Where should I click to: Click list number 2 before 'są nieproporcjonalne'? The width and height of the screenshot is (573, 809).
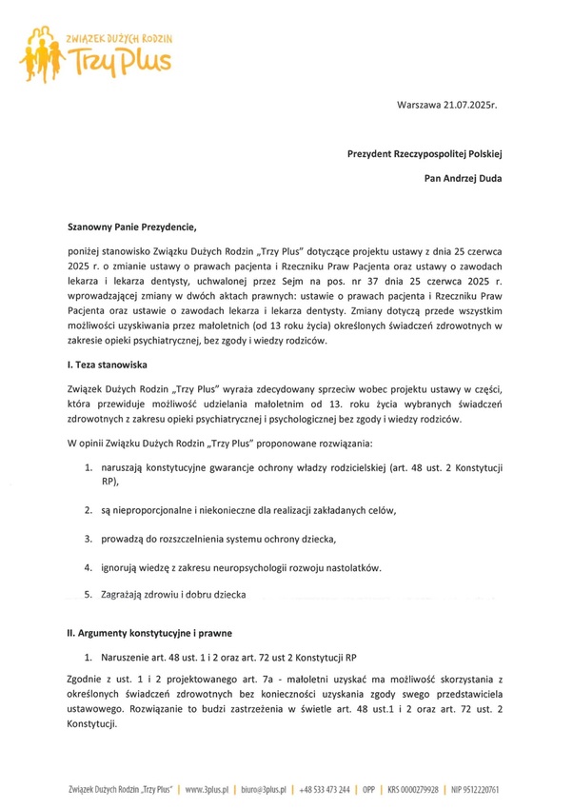(89, 511)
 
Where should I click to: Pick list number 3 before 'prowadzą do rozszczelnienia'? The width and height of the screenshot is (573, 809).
(89, 540)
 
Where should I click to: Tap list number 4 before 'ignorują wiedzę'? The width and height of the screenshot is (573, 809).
(89, 568)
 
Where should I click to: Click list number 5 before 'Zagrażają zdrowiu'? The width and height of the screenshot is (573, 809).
(89, 595)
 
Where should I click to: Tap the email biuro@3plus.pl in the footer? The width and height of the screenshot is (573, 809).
(265, 790)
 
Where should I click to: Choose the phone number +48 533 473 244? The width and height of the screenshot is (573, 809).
(324, 790)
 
